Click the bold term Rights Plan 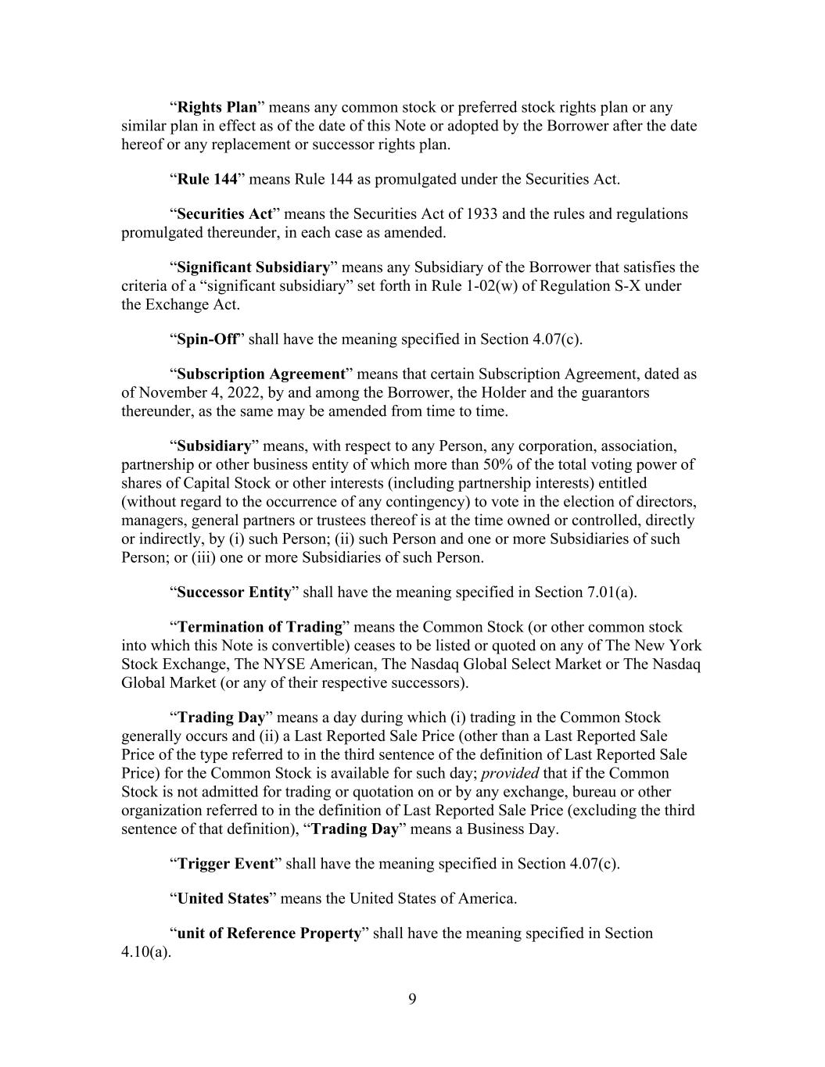[217, 107]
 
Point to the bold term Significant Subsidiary [253, 267]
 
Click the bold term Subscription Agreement [261, 374]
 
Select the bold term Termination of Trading [260, 627]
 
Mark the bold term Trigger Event [226, 864]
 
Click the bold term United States [223, 898]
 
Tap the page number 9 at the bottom [412, 998]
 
